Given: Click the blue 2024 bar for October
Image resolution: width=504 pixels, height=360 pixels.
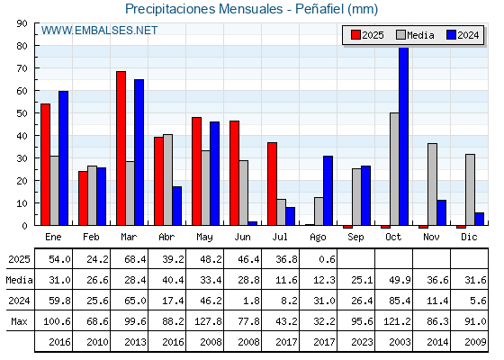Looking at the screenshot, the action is [x=404, y=136].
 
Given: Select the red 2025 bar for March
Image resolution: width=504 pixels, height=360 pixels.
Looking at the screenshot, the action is [x=121, y=148].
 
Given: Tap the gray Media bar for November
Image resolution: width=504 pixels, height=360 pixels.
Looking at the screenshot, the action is [x=432, y=184].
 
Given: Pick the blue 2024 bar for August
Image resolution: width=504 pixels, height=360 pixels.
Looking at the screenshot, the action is [x=328, y=191].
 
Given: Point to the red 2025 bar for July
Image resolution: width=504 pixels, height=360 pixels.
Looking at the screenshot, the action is [x=272, y=184].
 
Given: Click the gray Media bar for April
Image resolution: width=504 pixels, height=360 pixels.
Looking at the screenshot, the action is [x=167, y=180].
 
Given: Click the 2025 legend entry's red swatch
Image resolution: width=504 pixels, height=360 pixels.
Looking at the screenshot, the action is [x=355, y=35].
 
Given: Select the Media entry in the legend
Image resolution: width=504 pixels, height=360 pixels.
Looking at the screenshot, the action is [x=415, y=35].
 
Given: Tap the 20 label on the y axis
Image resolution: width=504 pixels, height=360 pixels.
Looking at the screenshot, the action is [x=22, y=181].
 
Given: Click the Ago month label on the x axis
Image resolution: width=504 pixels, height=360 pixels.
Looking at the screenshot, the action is [x=318, y=238].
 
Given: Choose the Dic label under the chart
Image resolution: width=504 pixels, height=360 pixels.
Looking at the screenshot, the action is [x=469, y=237].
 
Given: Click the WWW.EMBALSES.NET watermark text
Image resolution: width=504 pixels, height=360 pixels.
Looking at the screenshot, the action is [x=99, y=31].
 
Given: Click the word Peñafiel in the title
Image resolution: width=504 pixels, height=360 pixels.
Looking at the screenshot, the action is [x=319, y=9].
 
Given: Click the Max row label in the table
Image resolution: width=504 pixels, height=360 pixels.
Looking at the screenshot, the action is [x=19, y=321].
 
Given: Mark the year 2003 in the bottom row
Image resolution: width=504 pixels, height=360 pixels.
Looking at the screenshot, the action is [x=400, y=342].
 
